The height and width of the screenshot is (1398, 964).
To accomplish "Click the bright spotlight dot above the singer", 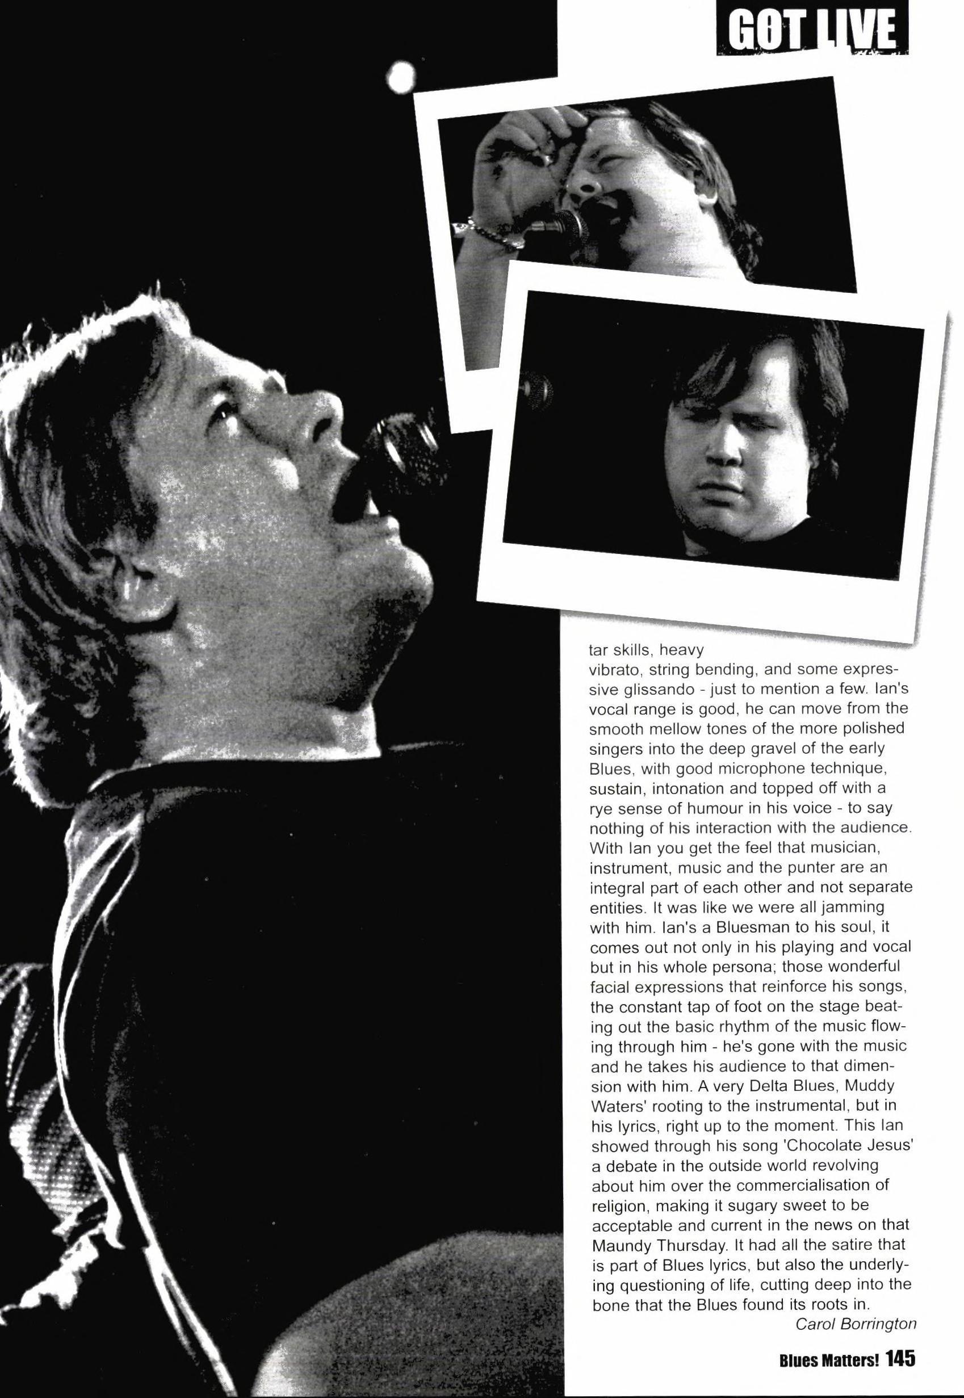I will [399, 77].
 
